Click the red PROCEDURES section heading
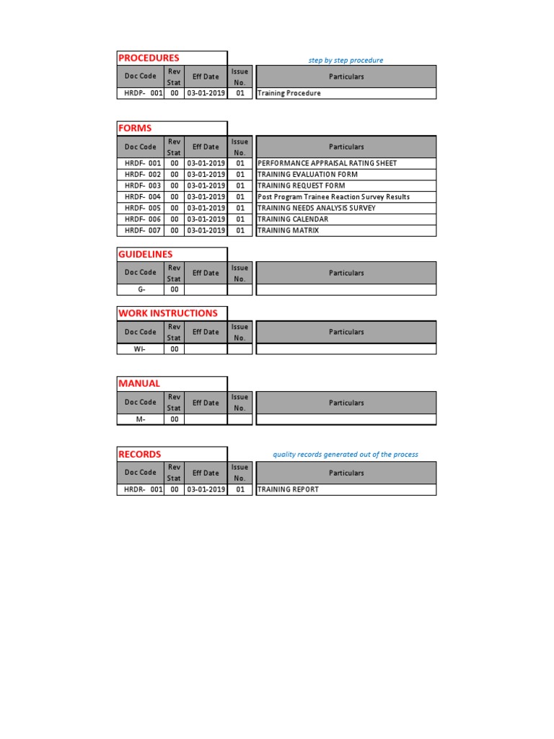[149, 58]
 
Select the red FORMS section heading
[135, 128]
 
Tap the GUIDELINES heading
[146, 254]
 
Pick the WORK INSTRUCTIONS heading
[167, 313]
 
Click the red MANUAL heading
[139, 383]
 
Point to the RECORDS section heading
[140, 454]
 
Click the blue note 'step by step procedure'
[346, 61]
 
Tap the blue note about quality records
[345, 455]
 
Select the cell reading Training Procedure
[289, 93]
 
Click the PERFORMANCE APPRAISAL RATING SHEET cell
[327, 163]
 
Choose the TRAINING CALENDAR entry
[293, 219]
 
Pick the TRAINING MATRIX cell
[288, 230]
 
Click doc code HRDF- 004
[142, 197]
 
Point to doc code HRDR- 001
[142, 489]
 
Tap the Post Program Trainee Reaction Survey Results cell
[333, 197]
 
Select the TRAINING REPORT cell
[288, 489]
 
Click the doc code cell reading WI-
[140, 349]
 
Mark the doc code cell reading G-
[141, 289]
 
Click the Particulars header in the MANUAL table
[346, 403]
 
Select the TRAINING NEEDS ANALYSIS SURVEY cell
[316, 208]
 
